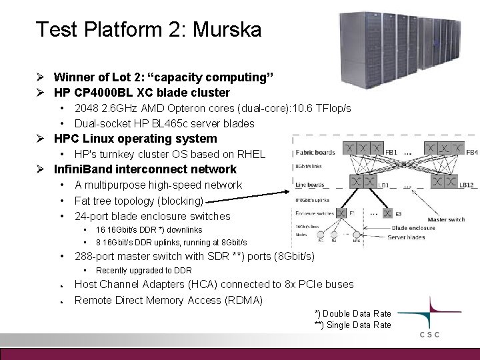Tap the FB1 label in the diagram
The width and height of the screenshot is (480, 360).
pyautogui.click(x=390, y=152)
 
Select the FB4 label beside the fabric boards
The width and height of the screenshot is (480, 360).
pyautogui.click(x=471, y=152)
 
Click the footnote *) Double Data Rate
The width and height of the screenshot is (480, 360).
pyautogui.click(x=353, y=314)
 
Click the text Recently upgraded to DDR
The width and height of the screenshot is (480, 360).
pyautogui.click(x=143, y=270)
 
